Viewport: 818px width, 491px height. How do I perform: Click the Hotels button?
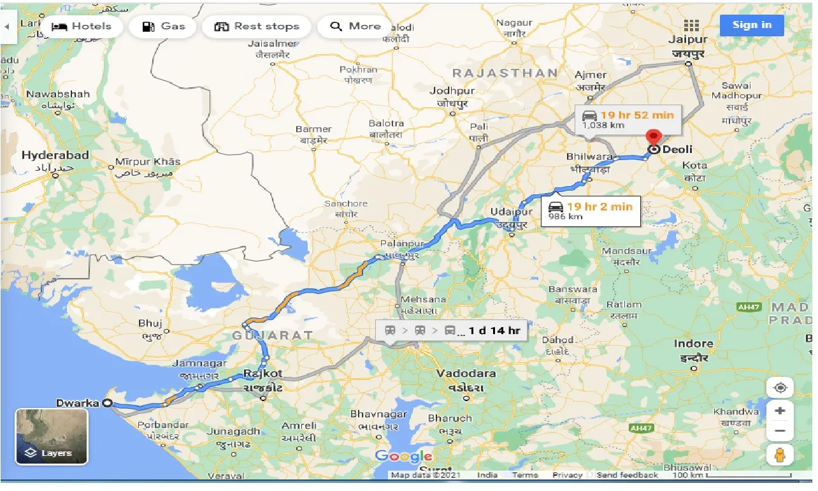(82, 27)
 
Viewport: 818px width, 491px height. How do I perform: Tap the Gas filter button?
(163, 27)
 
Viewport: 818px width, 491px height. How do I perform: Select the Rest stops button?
(257, 27)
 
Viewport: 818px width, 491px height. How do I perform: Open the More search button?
(357, 27)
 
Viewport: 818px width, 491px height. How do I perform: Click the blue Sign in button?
(752, 26)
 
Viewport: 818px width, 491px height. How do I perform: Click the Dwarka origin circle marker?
(107, 403)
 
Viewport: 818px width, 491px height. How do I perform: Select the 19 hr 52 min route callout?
(628, 119)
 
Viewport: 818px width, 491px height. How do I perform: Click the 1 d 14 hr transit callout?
(451, 330)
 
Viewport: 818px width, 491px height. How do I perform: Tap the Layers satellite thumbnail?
(52, 436)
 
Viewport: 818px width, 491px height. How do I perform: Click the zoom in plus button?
(780, 411)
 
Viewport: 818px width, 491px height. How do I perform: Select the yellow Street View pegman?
(780, 455)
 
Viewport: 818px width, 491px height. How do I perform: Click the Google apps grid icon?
(691, 26)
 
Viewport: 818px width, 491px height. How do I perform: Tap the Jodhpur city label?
(452, 91)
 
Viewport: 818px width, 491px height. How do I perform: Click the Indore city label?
(693, 344)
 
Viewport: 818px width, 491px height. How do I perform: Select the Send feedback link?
(627, 475)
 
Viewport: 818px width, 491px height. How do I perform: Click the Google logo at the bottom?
(403, 456)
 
